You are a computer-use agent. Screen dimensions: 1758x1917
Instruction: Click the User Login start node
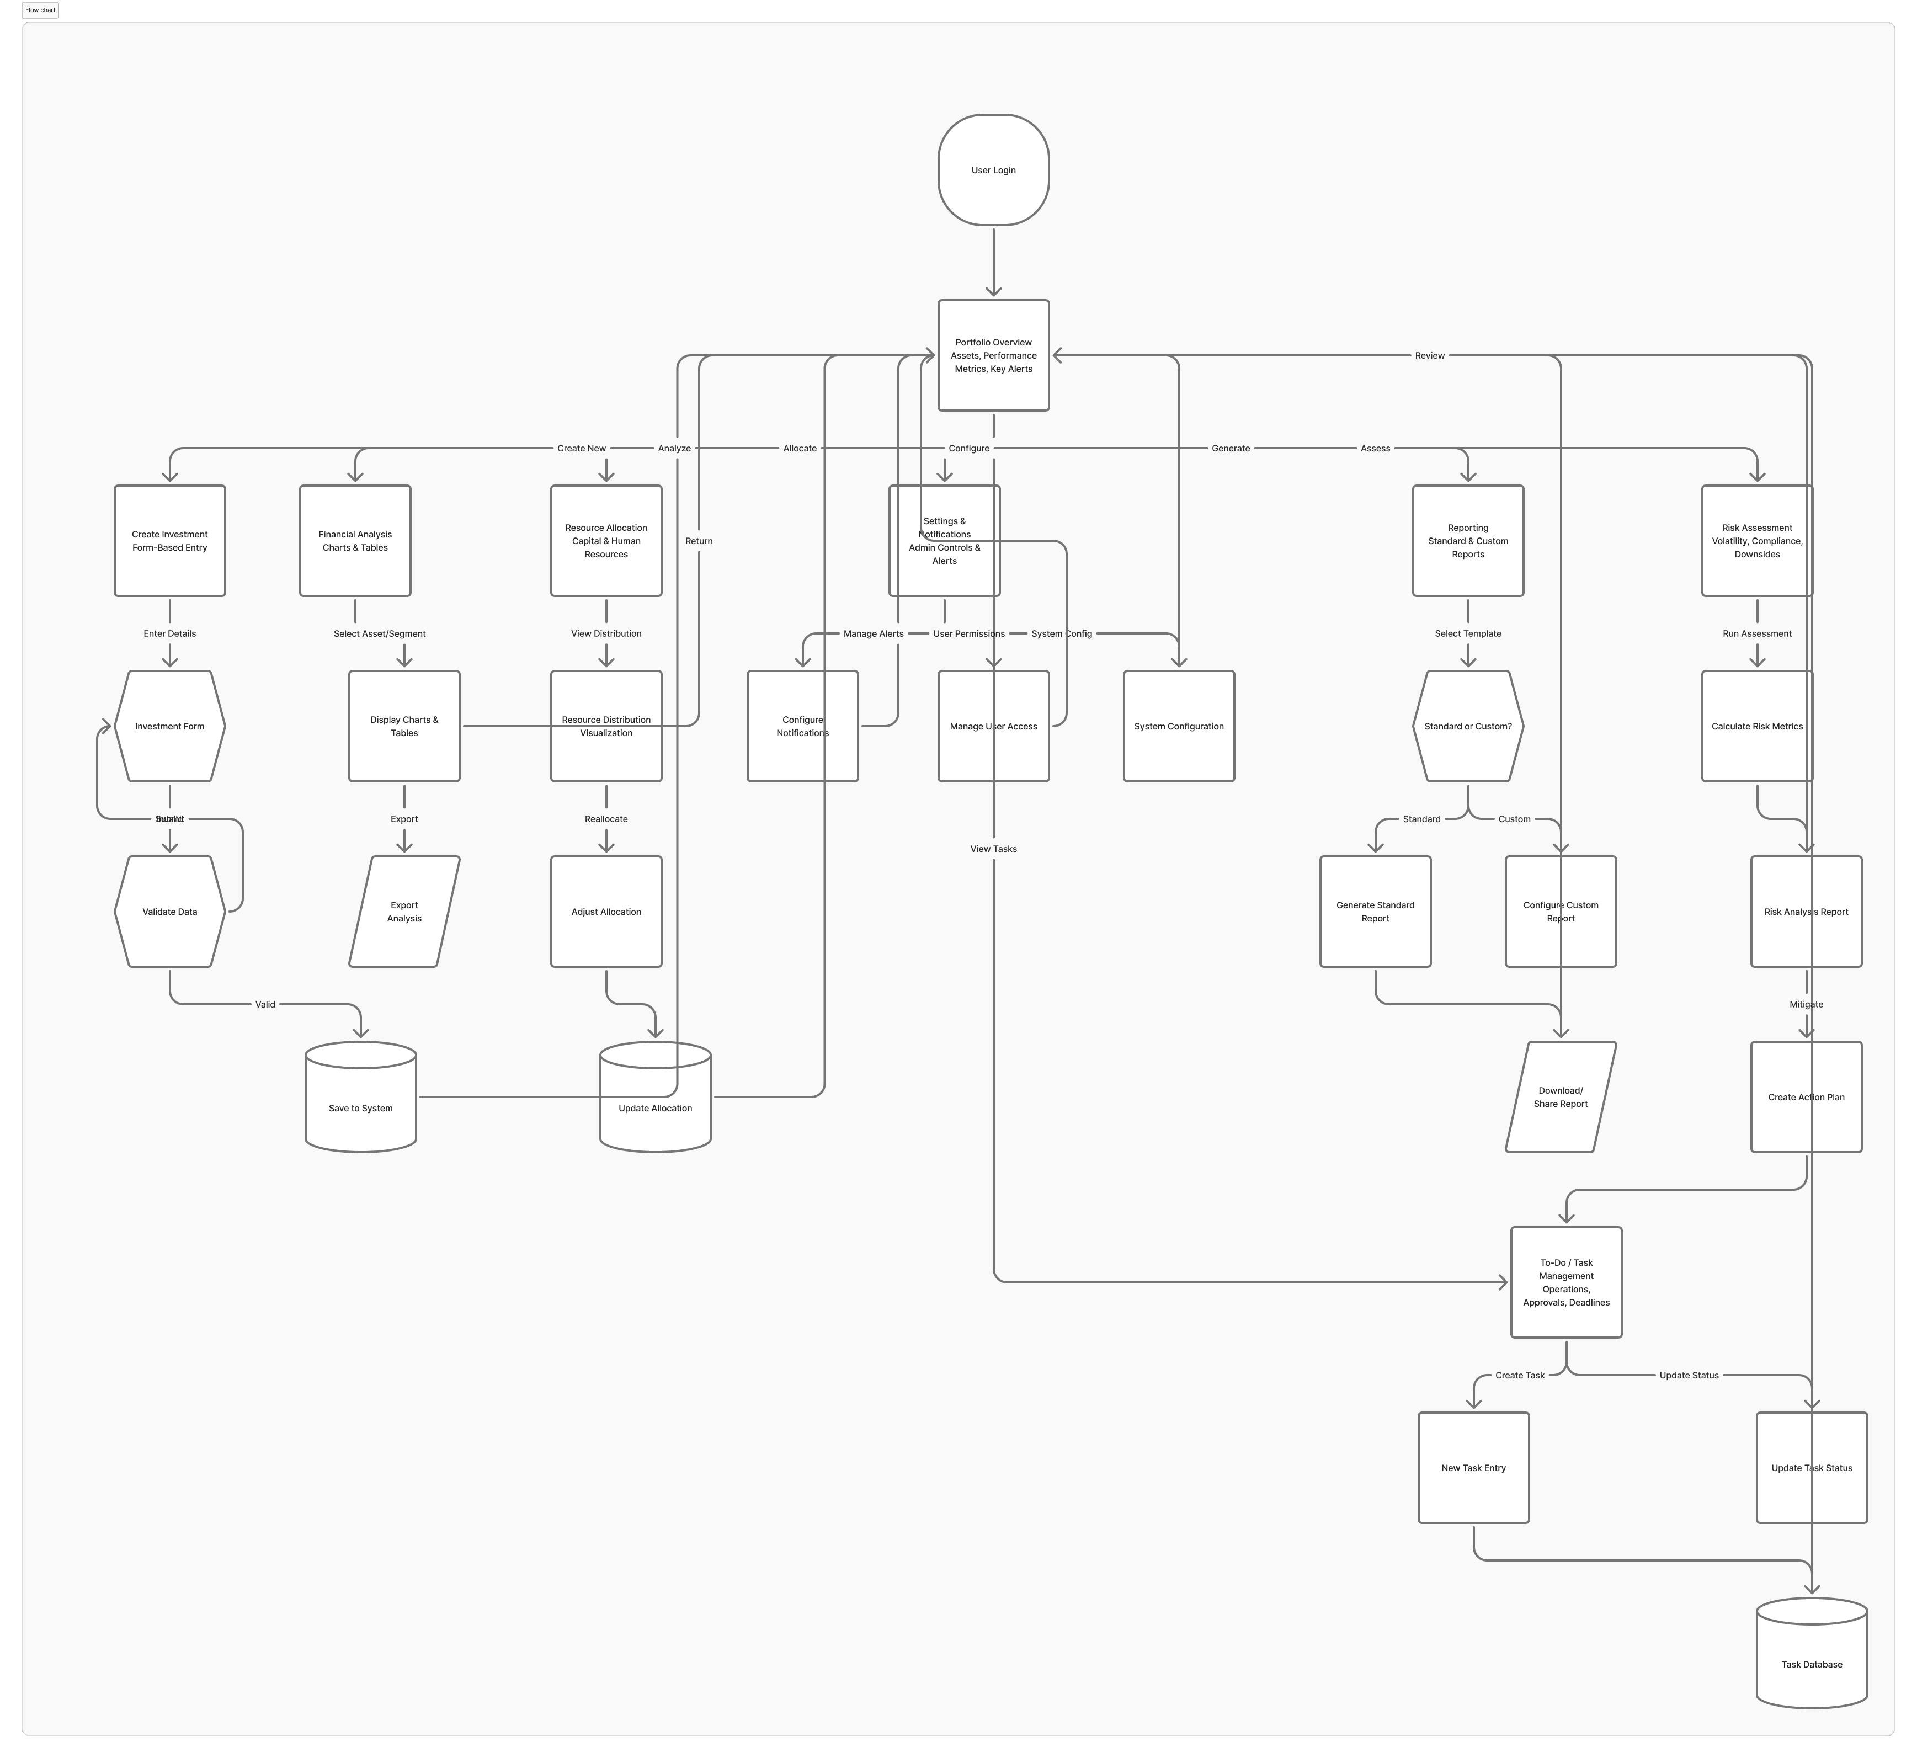coord(993,171)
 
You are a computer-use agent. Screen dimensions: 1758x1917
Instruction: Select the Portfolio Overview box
coord(993,355)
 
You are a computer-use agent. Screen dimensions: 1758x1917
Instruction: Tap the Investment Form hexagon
coord(169,726)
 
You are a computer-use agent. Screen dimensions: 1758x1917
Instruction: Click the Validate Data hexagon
coord(169,912)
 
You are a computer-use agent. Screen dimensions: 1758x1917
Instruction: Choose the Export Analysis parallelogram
coord(404,912)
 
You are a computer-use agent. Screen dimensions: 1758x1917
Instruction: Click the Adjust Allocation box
coord(606,912)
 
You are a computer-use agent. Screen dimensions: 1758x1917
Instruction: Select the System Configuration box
coord(1179,726)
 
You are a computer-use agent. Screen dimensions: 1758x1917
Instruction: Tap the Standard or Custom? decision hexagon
coord(1468,726)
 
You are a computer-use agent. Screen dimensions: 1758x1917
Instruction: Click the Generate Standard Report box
coord(1375,912)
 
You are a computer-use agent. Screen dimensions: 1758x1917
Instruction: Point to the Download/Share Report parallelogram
coord(1560,1097)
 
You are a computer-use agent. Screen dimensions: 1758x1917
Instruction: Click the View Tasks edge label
coord(993,849)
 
